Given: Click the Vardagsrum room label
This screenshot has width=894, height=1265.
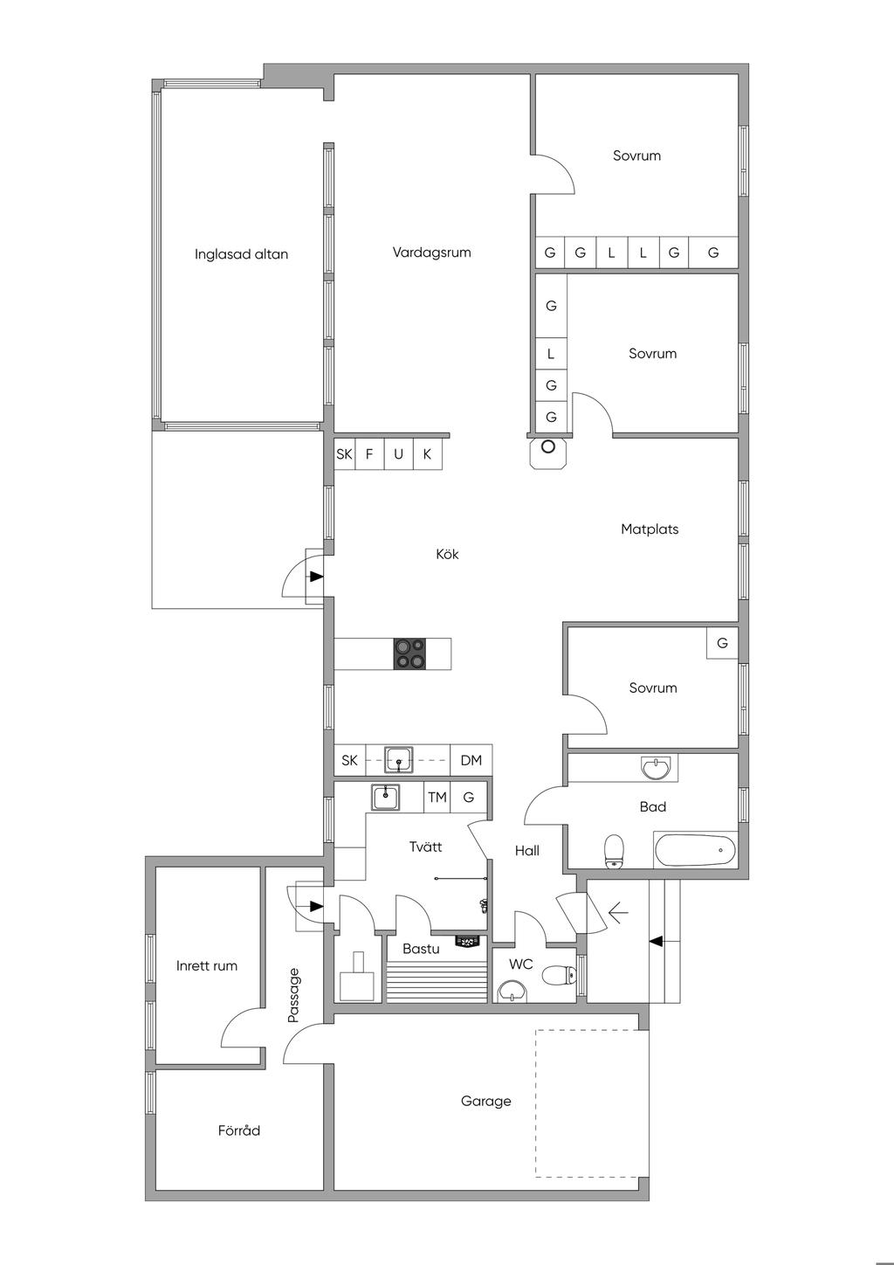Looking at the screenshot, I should (x=431, y=252).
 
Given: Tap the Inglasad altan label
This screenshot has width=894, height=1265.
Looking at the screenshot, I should (x=241, y=254).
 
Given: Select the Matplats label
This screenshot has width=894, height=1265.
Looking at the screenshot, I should (x=650, y=529).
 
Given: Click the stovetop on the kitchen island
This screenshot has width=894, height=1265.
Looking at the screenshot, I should (x=410, y=654).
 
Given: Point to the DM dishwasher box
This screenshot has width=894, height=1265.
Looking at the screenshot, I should (x=471, y=760).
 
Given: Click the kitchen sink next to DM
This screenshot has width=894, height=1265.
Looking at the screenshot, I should (x=400, y=759).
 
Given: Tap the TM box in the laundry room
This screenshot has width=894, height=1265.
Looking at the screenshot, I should (x=437, y=797).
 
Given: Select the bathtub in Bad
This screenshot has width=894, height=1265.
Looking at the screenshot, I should (x=694, y=848).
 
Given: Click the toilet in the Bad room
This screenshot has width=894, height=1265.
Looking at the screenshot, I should (x=615, y=851).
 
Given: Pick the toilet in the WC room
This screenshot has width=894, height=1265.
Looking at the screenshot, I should (x=557, y=974).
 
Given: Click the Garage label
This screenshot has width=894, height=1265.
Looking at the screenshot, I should (x=485, y=1101).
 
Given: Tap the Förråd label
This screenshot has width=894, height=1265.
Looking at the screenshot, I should (x=239, y=1130).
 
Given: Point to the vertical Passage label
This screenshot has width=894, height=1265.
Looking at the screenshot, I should (x=293, y=995).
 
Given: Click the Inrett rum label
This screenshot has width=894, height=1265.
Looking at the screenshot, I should (x=207, y=965).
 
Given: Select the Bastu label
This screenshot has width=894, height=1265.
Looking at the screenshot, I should (x=421, y=948).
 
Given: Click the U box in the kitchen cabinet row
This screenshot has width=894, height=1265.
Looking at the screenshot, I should (x=399, y=454).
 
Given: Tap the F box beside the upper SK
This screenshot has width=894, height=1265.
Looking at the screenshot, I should (x=369, y=454).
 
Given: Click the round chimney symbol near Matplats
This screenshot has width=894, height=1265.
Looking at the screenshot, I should (x=548, y=446).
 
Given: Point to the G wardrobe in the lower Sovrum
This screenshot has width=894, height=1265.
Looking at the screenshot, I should (x=722, y=643).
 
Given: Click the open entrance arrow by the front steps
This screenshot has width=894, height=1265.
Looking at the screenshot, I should (x=617, y=914).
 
